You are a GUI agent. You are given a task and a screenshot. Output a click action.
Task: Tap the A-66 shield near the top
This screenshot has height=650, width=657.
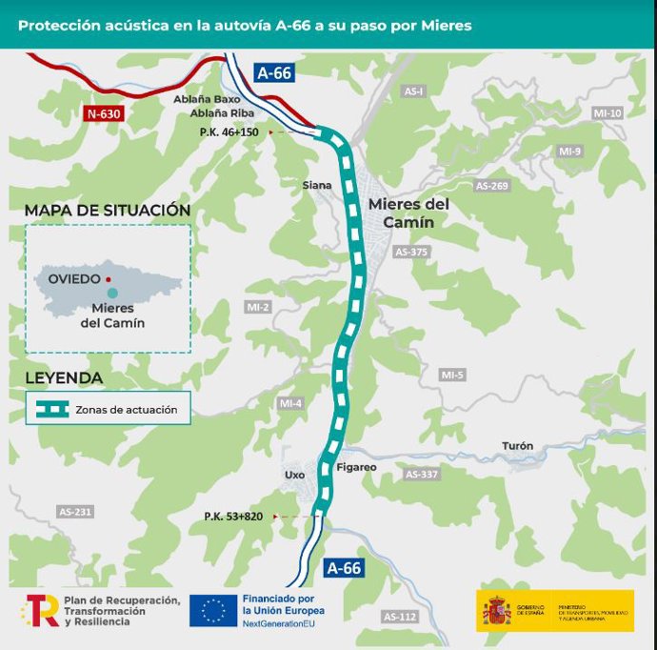click(x=273, y=72)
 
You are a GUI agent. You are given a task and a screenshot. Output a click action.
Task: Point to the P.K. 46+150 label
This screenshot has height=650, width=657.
click(x=229, y=131)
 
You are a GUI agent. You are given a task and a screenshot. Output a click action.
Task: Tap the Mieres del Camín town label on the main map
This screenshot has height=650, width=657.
click(x=407, y=213)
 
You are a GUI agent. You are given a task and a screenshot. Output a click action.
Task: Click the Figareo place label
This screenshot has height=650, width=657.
click(x=356, y=467)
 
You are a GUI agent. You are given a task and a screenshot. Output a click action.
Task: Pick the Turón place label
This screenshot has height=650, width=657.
click(x=517, y=445)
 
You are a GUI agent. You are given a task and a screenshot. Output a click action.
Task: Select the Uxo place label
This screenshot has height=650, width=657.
click(x=293, y=474)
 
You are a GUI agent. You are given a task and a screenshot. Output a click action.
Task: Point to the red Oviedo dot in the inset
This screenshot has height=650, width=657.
click(x=109, y=280)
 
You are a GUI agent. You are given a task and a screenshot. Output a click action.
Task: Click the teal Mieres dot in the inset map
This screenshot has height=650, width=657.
click(x=113, y=292)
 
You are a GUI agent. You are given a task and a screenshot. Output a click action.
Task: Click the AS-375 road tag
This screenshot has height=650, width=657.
click(x=411, y=252)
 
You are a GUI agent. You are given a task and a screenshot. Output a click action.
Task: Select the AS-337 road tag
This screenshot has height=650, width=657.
click(x=422, y=474)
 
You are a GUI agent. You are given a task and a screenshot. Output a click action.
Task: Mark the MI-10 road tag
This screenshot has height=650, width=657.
click(x=607, y=112)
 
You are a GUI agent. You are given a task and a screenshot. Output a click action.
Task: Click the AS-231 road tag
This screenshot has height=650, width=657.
click(x=75, y=512)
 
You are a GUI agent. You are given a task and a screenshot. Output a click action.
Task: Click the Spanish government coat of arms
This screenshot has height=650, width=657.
click(x=496, y=610)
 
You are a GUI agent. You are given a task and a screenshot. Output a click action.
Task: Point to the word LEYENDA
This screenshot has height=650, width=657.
click(x=64, y=377)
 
